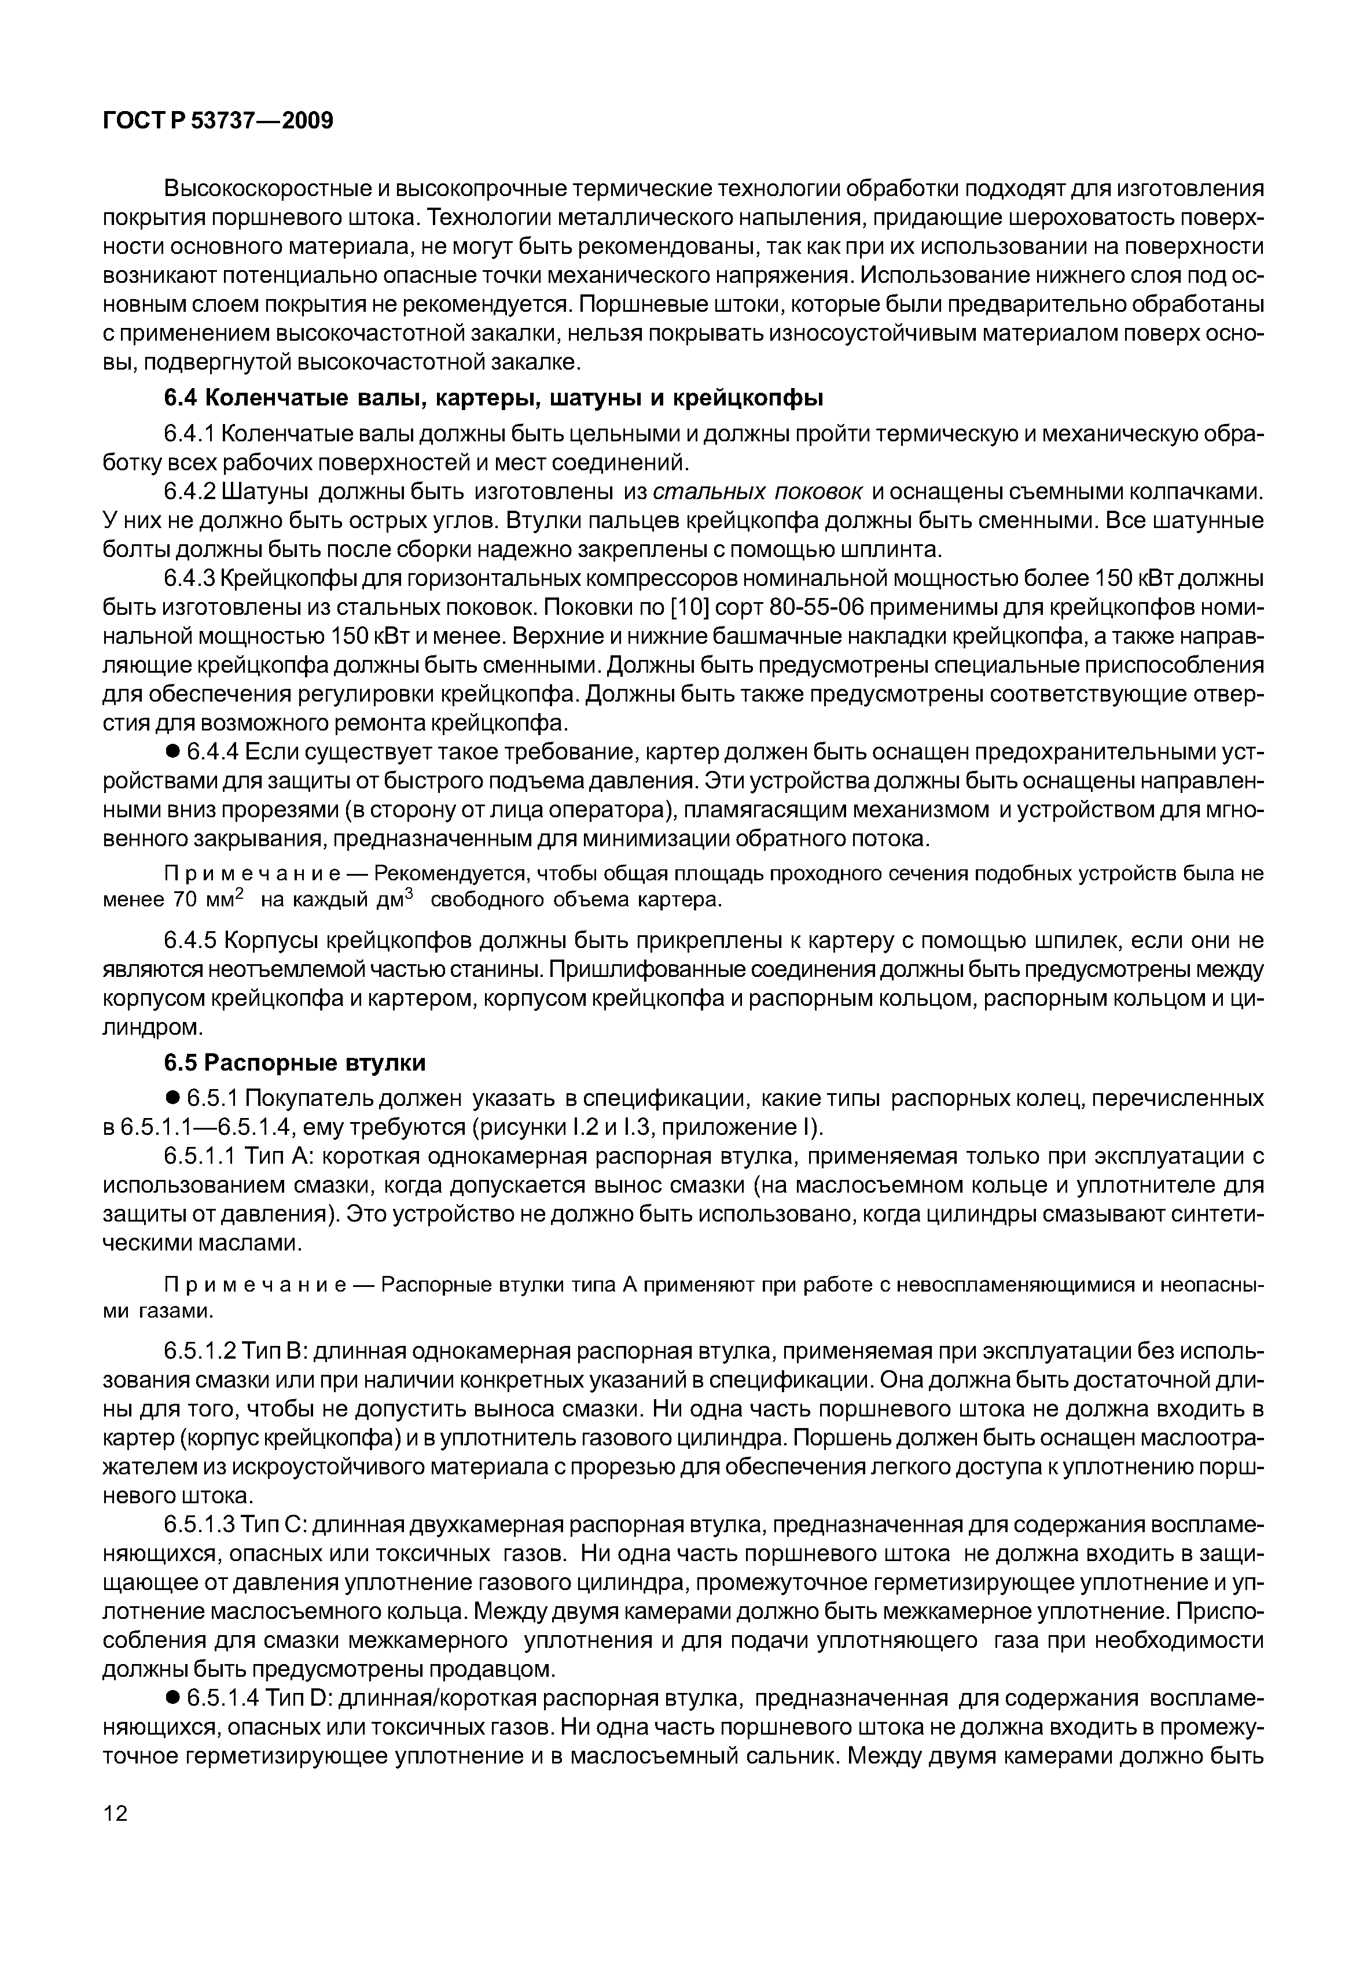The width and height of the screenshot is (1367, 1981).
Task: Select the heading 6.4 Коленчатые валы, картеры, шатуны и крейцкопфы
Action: coord(493,398)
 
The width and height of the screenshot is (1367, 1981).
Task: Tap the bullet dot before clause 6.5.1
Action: coord(172,1098)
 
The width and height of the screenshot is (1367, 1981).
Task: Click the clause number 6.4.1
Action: coord(189,434)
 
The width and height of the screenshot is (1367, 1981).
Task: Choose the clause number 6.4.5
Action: coord(189,941)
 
